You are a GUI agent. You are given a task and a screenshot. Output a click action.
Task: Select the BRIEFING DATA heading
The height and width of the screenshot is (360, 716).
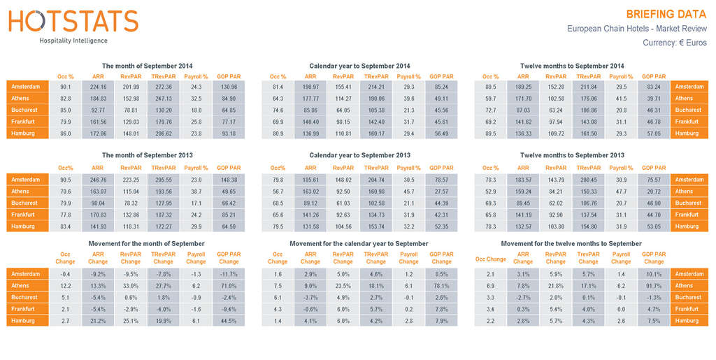pyautogui.click(x=666, y=14)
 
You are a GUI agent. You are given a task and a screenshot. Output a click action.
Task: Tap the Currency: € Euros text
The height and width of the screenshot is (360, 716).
pyautogui.click(x=674, y=43)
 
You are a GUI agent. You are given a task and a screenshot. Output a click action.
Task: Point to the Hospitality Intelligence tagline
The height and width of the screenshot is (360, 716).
pyautogui.click(x=73, y=41)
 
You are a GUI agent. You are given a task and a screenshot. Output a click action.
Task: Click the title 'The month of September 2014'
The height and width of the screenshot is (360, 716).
pyautogui.click(x=147, y=66)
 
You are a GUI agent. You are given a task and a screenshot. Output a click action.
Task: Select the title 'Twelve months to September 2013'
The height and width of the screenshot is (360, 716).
pyautogui.click(x=572, y=155)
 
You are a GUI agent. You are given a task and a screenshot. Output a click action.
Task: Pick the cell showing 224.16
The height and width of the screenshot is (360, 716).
pyautogui.click(x=98, y=87)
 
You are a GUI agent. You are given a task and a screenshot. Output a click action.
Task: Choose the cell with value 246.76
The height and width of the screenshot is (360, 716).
pyautogui.click(x=98, y=180)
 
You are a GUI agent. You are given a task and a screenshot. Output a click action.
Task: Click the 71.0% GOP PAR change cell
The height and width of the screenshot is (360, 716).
pyautogui.click(x=229, y=286)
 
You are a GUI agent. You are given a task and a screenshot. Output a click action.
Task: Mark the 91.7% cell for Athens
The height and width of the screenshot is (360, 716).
pyautogui.click(x=654, y=286)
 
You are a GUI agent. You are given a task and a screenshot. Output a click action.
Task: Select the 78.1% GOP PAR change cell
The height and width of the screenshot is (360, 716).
pyautogui.click(x=441, y=286)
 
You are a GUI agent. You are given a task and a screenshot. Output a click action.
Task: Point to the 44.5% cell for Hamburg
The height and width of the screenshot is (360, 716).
pyautogui.click(x=229, y=321)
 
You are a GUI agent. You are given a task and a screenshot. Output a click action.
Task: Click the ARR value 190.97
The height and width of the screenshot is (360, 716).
pyautogui.click(x=310, y=87)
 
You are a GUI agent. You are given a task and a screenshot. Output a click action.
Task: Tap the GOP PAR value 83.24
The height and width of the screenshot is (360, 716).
pyautogui.click(x=654, y=87)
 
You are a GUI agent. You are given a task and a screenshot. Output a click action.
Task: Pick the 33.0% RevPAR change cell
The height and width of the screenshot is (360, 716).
pyautogui.click(x=131, y=286)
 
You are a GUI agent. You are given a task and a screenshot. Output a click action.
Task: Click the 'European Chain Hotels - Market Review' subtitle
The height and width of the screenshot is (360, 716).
pyautogui.click(x=636, y=29)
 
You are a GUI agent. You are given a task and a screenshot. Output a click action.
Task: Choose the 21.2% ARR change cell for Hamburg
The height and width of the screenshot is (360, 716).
pyautogui.click(x=98, y=321)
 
